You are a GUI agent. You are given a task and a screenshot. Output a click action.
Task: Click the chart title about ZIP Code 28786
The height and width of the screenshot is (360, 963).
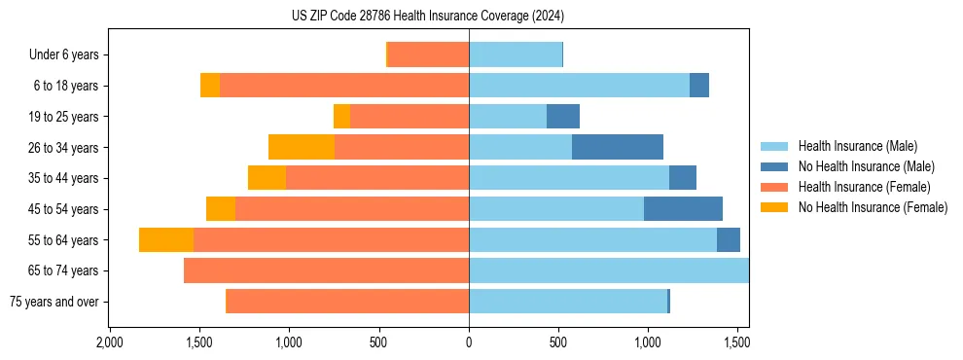[428, 17]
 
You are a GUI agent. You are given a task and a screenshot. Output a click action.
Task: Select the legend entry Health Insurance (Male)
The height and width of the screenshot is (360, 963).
[857, 146]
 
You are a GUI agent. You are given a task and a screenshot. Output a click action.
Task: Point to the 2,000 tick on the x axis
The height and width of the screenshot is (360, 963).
[110, 342]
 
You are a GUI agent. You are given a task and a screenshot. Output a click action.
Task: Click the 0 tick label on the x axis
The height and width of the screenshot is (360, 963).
[469, 342]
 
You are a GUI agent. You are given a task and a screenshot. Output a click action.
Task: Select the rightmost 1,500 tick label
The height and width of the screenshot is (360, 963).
[737, 342]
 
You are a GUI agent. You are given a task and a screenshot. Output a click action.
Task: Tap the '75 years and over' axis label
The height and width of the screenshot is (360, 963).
[53, 302]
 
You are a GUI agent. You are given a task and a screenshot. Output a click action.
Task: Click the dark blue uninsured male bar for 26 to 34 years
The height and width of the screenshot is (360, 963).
[618, 147]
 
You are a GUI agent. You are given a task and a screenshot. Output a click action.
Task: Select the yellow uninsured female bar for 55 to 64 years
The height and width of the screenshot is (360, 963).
[166, 239]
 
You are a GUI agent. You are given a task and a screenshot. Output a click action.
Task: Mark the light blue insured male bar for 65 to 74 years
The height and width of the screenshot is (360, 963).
[609, 270]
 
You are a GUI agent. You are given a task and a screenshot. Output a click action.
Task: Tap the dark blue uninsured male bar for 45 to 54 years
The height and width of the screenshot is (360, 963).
[683, 209]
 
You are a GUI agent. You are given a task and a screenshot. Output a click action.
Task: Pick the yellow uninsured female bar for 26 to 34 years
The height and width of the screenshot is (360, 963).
[302, 147]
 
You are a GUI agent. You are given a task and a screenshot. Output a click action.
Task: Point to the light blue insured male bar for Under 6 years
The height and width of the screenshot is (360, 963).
[516, 54]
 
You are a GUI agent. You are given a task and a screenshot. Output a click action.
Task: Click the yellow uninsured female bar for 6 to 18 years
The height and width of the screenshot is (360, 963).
[210, 86]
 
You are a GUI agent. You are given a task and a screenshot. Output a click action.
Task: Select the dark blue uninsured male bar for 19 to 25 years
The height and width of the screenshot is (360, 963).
[563, 117]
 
